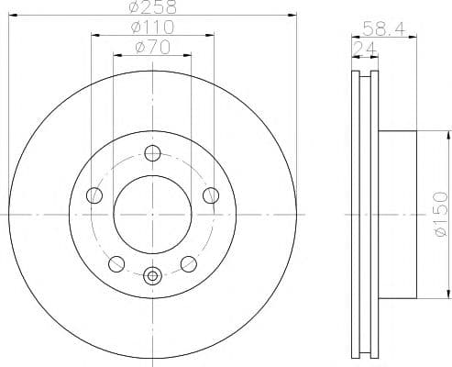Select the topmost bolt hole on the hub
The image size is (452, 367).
pos(152,153)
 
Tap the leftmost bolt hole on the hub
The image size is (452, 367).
pos(94,195)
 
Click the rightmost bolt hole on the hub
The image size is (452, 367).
pos(210,195)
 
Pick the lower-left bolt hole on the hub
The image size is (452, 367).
pos(116,263)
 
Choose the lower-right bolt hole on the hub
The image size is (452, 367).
pos(188,263)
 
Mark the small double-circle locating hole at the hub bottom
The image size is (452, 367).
pos(152,273)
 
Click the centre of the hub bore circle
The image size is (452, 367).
pos(152,215)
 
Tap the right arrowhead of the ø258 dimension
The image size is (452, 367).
pos(295,16)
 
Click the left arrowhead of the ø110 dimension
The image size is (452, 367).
pos(94,36)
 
